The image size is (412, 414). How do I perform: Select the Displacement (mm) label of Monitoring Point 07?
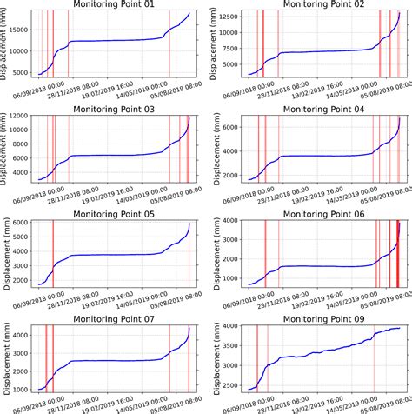[x=5, y=359]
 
